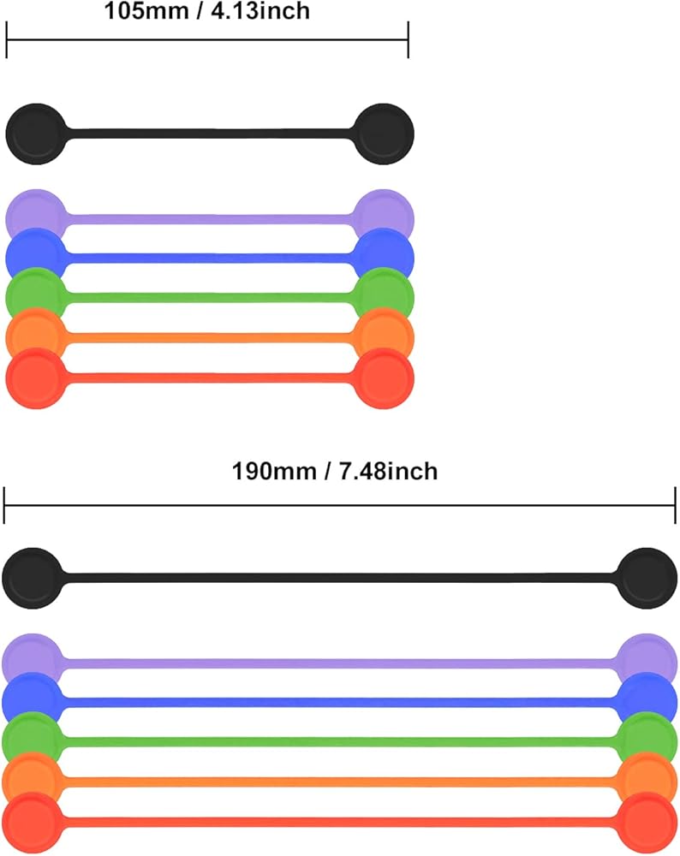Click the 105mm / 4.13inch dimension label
pos(206,11)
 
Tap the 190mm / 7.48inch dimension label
pos(335,471)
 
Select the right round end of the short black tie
pos(385,134)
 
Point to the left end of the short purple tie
pos(34,211)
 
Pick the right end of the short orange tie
pos(384,334)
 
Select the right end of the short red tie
pos(384,377)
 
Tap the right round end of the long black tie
pos(647,578)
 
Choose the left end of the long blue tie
pos(31,701)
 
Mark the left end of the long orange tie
pos(32,779)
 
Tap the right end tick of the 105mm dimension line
pos(408,39)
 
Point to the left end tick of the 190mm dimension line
pos(4,505)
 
